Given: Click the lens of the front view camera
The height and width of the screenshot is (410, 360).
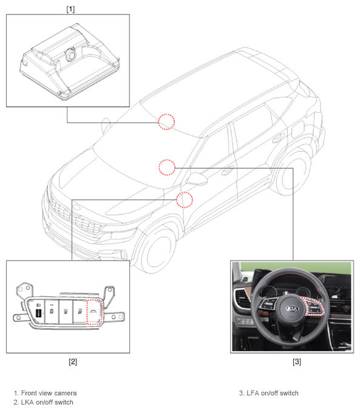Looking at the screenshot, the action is point(70,54).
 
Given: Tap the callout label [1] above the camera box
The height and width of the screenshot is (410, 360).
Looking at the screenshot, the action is point(70,9).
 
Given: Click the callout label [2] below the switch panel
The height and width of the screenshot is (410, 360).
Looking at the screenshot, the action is point(73,361).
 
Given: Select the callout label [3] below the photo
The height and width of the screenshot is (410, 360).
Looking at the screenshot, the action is point(297,361).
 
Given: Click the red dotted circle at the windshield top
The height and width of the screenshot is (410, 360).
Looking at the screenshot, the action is point(166,121).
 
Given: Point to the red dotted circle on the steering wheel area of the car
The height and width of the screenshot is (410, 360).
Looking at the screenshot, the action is point(167,168).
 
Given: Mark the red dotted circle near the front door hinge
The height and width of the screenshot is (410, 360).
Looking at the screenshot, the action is point(185,200).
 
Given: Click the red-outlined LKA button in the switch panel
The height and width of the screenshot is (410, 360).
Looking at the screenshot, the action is point(94,312).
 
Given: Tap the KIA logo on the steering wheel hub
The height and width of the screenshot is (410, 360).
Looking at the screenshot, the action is point(291,309).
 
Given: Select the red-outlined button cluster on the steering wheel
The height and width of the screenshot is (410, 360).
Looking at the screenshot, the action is point(313,307).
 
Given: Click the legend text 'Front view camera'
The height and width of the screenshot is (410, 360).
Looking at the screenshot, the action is point(49,393).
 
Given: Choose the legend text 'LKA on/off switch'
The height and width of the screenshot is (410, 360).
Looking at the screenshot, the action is point(47,402).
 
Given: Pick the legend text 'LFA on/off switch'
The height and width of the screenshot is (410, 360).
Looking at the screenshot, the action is point(273,393).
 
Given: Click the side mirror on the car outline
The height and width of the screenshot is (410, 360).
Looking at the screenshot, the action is point(197,179).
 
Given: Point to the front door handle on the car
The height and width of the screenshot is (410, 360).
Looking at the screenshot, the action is point(227,171).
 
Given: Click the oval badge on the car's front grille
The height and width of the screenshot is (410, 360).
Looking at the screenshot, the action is point(76,207).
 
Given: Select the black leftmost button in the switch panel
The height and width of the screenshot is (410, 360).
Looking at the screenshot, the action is point(38,313).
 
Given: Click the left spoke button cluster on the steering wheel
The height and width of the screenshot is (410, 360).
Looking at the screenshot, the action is point(268,305).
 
